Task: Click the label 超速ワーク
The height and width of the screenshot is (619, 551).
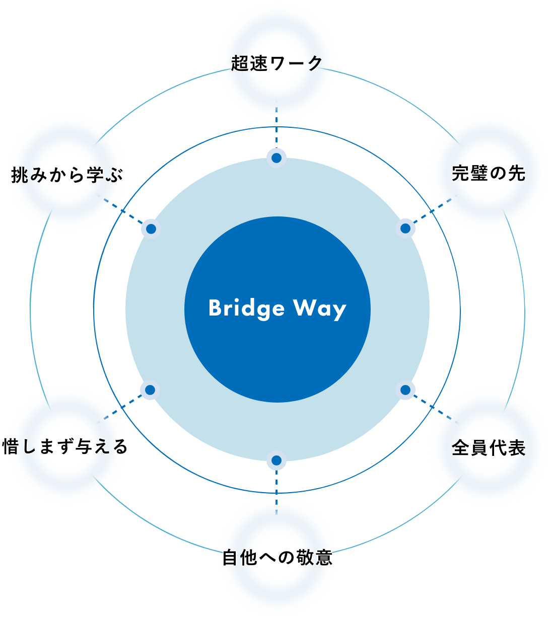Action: click(277, 63)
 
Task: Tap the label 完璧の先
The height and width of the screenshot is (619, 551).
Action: click(488, 173)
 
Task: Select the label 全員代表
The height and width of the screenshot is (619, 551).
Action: click(488, 447)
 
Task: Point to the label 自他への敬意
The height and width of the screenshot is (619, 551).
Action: click(278, 558)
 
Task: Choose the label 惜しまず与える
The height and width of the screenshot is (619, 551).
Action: click(65, 446)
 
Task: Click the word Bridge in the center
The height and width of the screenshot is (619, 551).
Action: click(246, 308)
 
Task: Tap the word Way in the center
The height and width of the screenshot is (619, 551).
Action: click(320, 308)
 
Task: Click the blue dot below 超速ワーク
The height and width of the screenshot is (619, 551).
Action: click(277, 158)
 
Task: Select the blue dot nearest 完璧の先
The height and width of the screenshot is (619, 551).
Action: click(405, 228)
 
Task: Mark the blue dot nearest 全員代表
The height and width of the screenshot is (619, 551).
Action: click(405, 390)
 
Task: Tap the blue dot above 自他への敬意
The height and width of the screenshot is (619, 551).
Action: click(276, 460)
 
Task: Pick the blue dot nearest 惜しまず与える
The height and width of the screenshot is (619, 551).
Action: click(150, 390)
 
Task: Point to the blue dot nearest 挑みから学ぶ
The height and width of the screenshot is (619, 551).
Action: click(151, 229)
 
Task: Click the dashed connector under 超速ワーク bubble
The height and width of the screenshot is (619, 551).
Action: click(277, 128)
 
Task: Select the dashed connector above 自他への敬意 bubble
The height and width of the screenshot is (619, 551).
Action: click(277, 488)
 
